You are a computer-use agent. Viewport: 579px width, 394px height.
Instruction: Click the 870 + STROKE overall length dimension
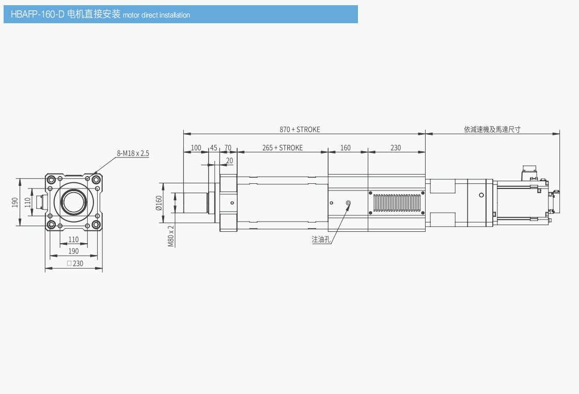[300, 130]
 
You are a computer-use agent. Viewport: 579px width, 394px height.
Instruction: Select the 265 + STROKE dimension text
[283, 148]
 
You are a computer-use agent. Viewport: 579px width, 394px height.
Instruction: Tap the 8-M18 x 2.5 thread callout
[133, 153]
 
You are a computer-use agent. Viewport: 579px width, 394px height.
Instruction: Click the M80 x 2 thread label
[171, 235]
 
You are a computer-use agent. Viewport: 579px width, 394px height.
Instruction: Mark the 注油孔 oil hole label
[321, 239]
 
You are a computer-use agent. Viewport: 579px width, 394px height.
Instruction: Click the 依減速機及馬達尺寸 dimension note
[492, 130]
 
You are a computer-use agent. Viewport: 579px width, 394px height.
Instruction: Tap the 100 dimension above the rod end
[196, 148]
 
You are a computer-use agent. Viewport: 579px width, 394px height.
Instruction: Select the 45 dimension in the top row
[213, 148]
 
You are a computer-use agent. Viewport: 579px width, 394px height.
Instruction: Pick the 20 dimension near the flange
[229, 161]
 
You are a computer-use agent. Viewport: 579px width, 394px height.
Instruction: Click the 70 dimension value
[228, 148]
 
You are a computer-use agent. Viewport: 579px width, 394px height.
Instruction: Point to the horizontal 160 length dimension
[346, 148]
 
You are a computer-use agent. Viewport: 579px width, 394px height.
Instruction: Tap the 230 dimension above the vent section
[396, 148]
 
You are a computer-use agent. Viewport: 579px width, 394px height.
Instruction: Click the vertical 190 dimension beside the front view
[15, 202]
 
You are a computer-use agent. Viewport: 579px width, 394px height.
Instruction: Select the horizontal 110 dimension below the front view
[73, 240]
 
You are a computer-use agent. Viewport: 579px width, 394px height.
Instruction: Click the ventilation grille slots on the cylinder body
[397, 203]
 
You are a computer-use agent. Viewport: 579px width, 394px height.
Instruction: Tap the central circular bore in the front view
[73, 202]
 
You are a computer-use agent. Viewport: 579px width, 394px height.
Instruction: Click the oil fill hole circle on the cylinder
[348, 203]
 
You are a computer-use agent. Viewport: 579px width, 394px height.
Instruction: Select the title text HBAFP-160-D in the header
[38, 14]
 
